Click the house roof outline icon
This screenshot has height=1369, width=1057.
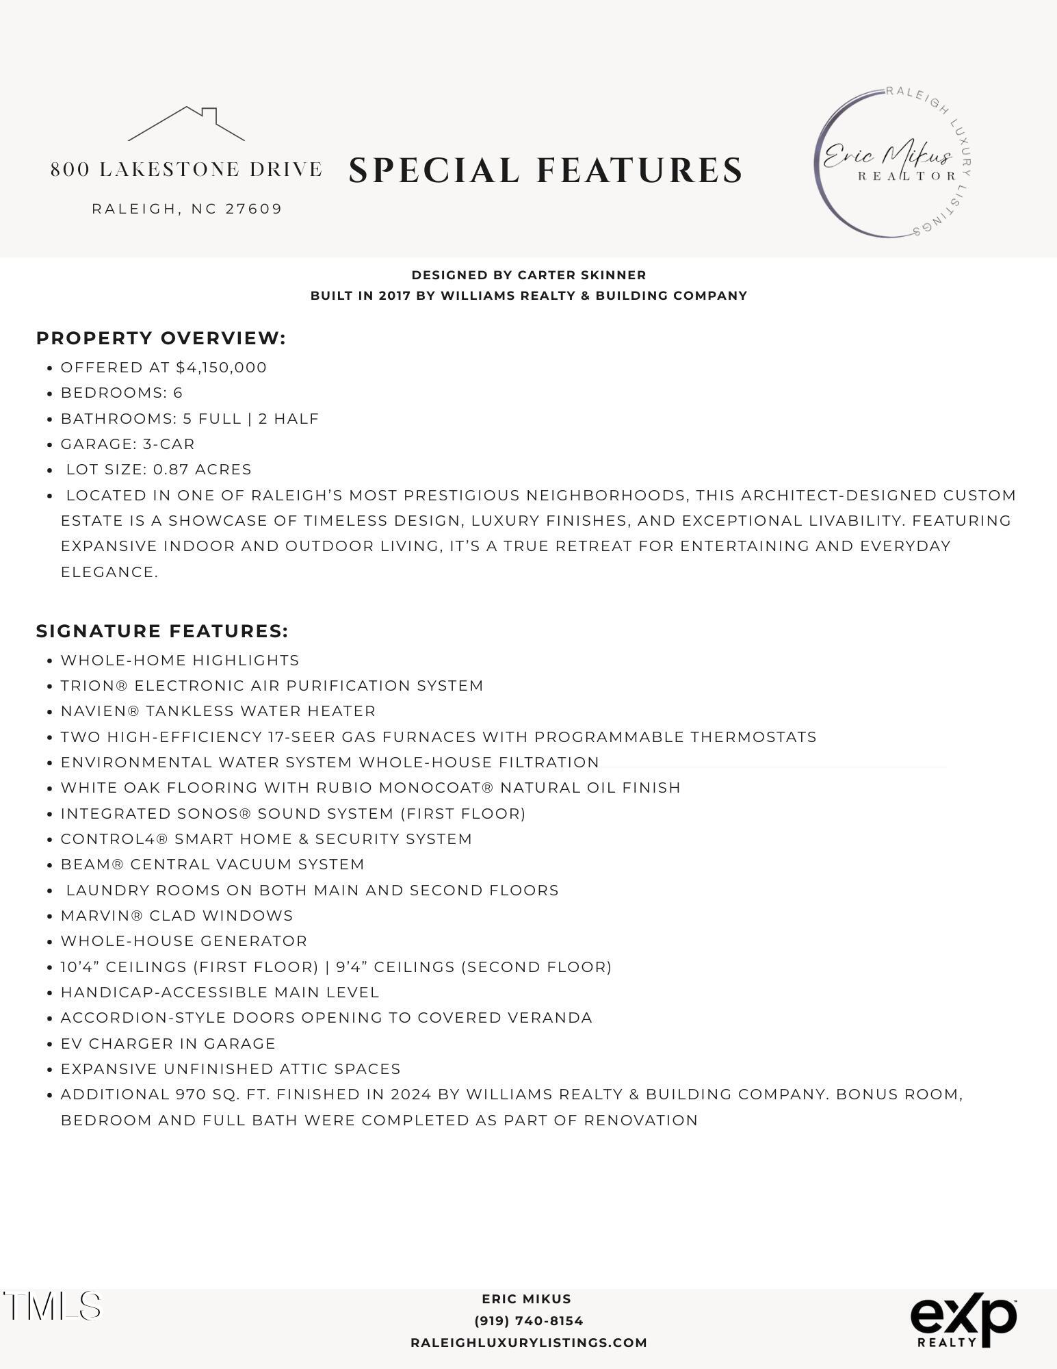coord(186,124)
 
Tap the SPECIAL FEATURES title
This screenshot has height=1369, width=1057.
coord(545,170)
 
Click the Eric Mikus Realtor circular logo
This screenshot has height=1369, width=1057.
coord(892,163)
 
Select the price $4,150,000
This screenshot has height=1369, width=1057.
coord(221,368)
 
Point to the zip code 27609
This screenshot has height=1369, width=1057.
coord(254,209)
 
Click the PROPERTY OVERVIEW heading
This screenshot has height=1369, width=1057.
coord(161,338)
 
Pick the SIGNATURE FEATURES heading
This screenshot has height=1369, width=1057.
coord(162,631)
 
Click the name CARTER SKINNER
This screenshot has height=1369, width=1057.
coord(582,275)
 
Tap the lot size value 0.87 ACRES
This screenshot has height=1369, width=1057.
coord(202,470)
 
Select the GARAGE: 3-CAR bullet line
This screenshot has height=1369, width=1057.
coord(128,444)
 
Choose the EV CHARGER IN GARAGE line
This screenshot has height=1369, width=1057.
coord(168,1044)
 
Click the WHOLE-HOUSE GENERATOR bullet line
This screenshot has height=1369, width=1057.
coord(184,941)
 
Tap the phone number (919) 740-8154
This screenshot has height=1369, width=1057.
coord(528,1321)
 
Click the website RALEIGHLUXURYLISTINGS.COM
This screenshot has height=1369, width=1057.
coord(528,1343)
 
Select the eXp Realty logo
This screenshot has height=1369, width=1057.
coord(963,1320)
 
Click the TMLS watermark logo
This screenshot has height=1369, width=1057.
coord(53,1306)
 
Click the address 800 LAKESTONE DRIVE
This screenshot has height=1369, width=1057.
coord(186,170)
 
